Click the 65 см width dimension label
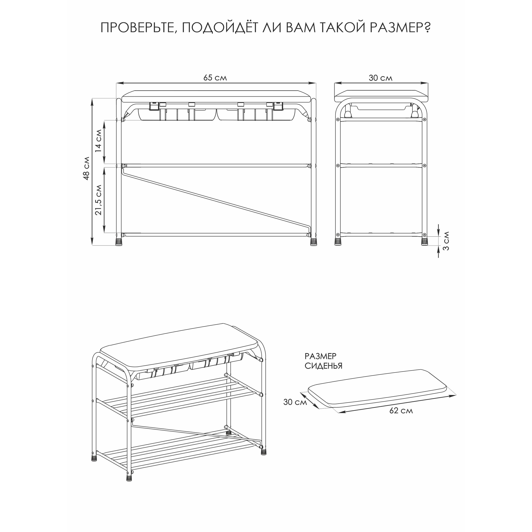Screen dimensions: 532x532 coord(215,78)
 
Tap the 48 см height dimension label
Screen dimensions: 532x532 coord(86,168)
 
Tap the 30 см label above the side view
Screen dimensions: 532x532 coord(381,78)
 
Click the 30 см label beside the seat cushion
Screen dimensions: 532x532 coord(295,402)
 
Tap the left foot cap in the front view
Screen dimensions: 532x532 coord(119,242)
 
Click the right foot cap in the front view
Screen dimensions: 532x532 coord(313,242)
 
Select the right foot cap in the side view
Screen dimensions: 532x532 coord(424,242)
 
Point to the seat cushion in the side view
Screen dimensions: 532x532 coord(381,96)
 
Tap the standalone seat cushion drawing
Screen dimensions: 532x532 coord(377,388)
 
